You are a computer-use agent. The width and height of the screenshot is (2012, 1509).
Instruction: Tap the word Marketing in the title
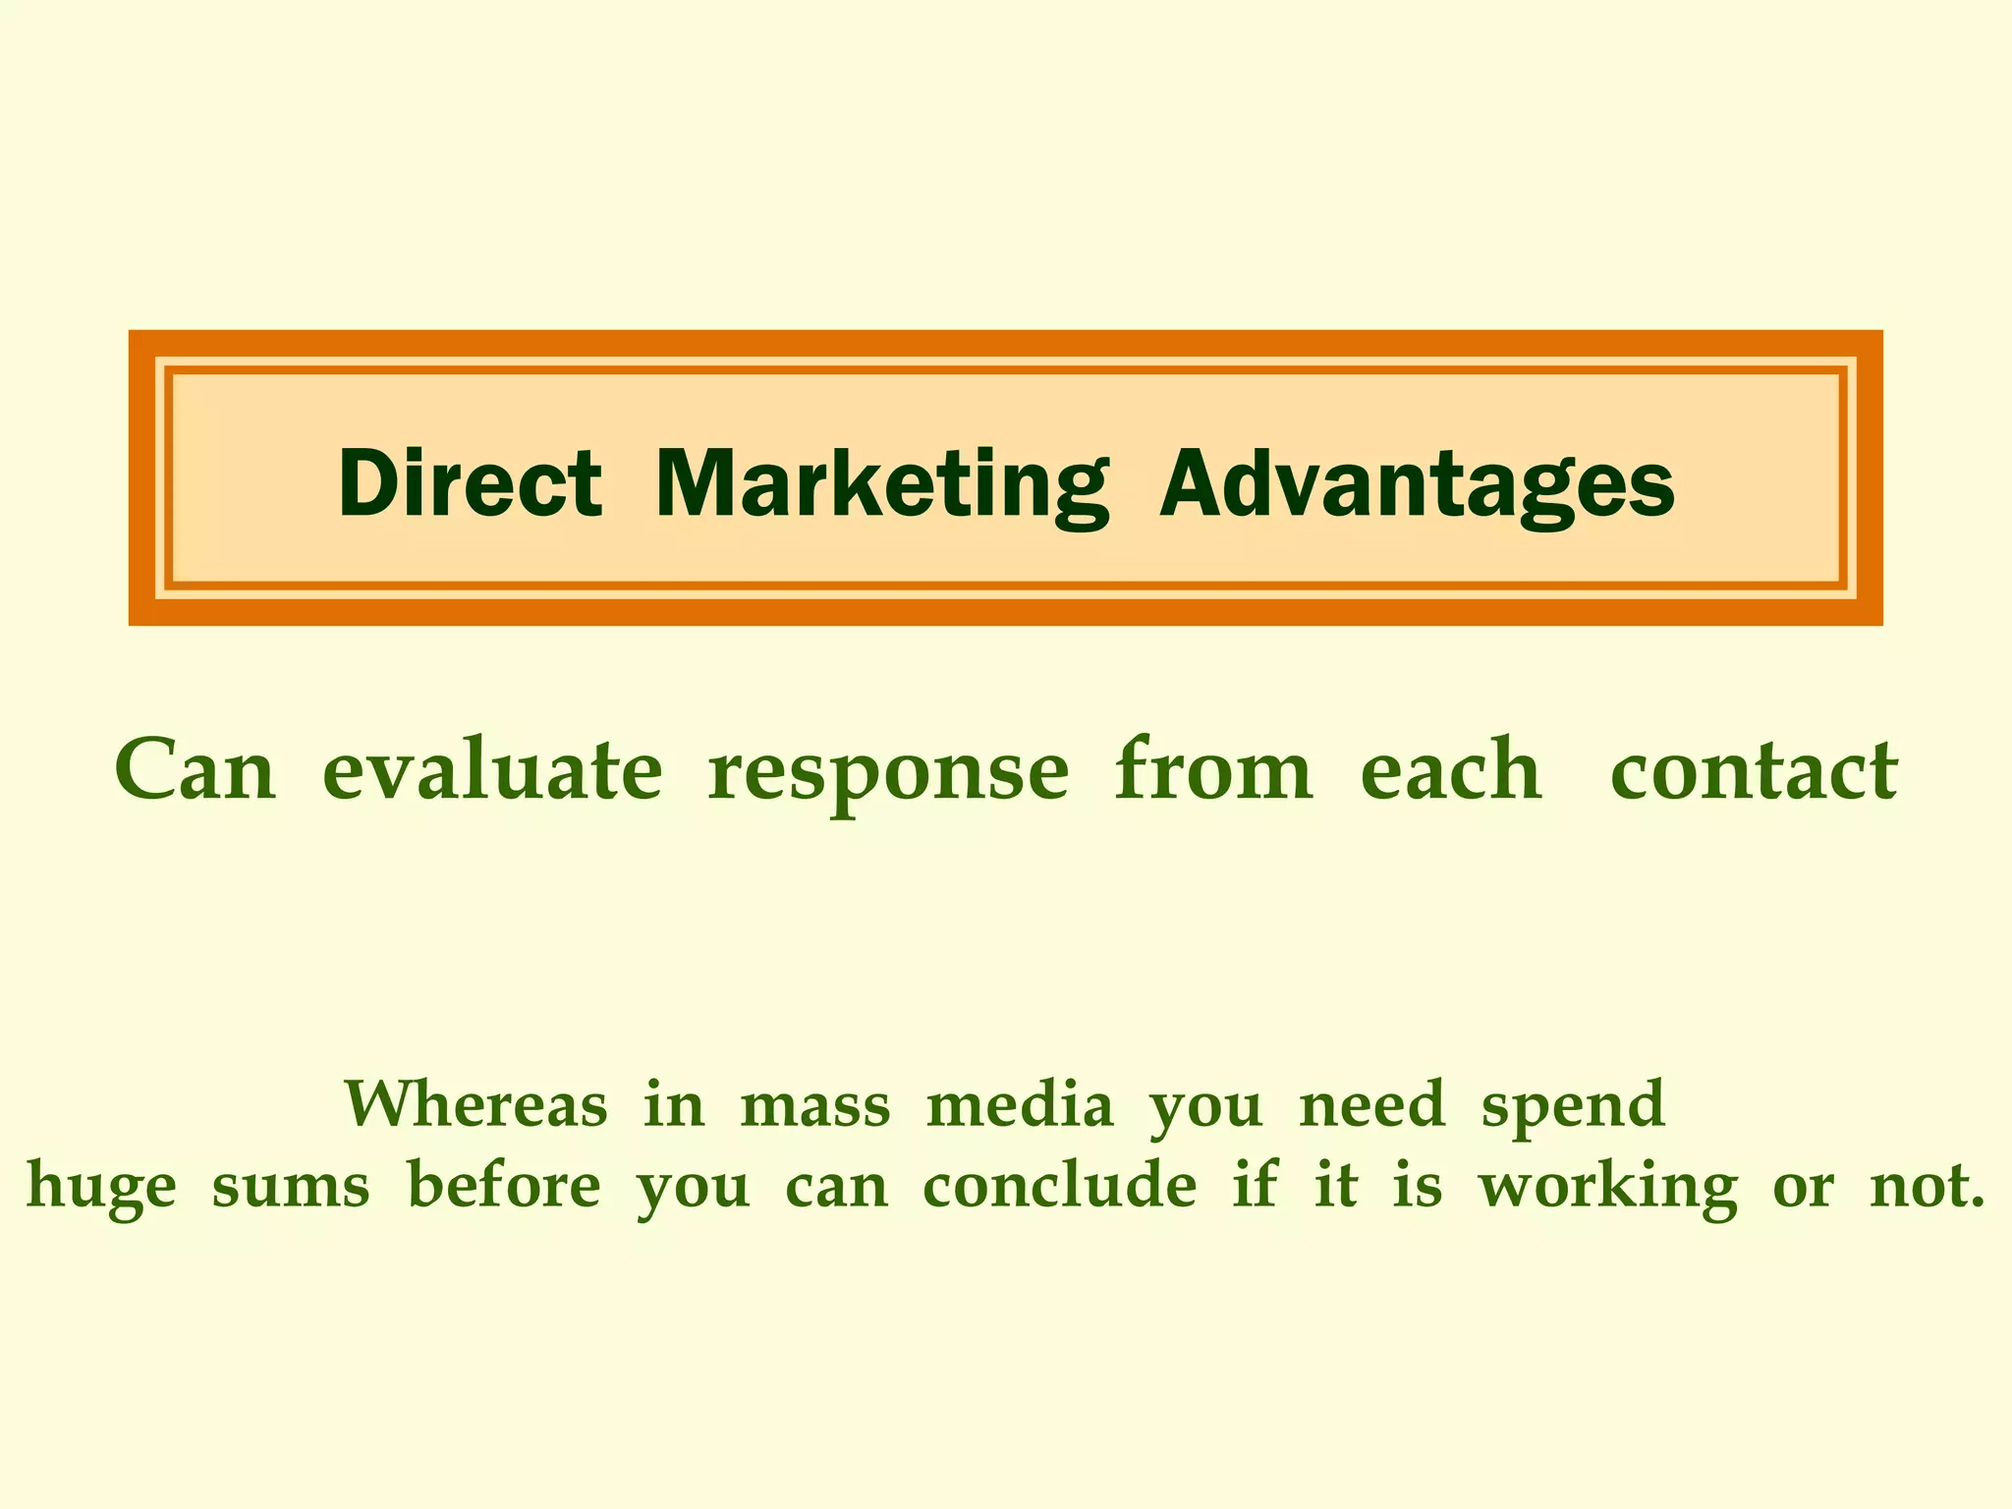[881, 484]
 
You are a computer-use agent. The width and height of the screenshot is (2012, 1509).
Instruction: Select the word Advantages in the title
[1417, 484]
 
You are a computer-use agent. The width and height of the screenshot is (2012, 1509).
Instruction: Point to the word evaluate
[492, 770]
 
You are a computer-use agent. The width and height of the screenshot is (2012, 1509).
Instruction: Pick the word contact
[1754, 770]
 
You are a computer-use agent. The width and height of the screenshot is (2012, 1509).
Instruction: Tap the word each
[1451, 770]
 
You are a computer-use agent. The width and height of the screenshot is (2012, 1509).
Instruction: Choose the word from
[1213, 768]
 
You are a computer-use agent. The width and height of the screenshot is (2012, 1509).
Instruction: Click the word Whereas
[475, 1103]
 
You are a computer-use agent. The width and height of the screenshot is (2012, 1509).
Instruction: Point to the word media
[1020, 1103]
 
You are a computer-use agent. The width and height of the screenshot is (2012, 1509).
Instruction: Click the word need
[1371, 1103]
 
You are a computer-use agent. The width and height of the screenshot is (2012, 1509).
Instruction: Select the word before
[504, 1184]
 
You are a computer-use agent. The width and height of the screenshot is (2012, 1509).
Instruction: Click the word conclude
[1060, 1184]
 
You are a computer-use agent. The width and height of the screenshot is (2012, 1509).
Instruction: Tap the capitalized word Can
[196, 770]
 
